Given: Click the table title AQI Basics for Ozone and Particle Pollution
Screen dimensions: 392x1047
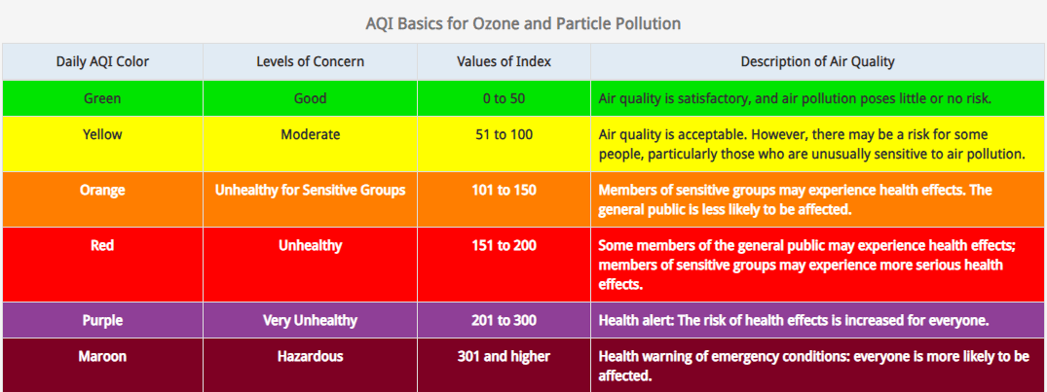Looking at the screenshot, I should coord(523,22).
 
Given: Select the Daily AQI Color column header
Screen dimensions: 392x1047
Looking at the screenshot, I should coord(102,61).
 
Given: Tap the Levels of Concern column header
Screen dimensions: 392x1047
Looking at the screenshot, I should coord(310,61).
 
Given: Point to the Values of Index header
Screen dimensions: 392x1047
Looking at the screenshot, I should coord(504,61).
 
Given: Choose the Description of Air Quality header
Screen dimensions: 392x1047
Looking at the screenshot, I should coord(817,61).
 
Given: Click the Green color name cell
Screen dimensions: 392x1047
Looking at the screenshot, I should coord(102,98).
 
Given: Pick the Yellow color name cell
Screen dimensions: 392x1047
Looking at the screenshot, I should coord(102,134).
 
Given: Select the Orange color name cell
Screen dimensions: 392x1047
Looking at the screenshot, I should coord(102,190).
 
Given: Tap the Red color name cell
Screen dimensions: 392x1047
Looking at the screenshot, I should coord(102,245).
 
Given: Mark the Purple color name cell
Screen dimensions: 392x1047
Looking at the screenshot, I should coord(102,320).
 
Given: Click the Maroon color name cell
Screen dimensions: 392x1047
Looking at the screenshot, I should coord(102,356).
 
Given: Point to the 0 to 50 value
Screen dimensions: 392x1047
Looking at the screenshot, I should coord(504,98).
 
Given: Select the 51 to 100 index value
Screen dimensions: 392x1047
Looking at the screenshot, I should coord(504,134).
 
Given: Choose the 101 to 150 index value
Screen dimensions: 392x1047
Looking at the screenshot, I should coord(504,190).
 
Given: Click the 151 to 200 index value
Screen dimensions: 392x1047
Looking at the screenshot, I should coord(504,245).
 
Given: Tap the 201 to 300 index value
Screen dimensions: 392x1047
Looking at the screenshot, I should coord(504,320).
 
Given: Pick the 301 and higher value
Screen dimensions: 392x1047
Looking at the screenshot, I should coord(504,356).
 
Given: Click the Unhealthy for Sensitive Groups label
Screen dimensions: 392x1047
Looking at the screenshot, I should coord(310,190).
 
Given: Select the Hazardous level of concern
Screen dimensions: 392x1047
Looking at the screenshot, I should coord(310,356).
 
